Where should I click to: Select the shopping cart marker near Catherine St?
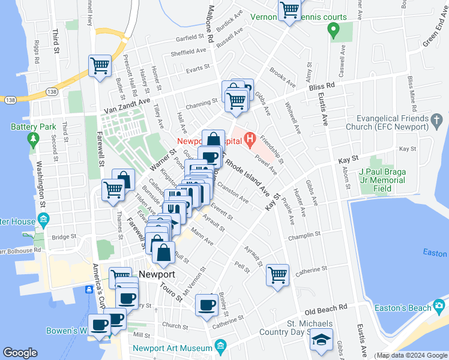(277, 276)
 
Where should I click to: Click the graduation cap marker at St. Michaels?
(321, 340)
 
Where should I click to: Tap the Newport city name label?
(157, 274)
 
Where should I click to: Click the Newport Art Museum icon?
(220, 347)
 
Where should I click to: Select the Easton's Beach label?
(403, 308)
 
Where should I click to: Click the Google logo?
(20, 353)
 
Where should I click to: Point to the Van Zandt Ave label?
(127, 107)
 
